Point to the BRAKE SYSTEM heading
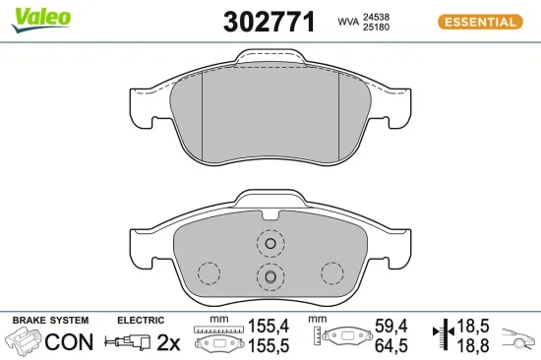point(49,321)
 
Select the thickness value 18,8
point(477,346)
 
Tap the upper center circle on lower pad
point(269,242)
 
